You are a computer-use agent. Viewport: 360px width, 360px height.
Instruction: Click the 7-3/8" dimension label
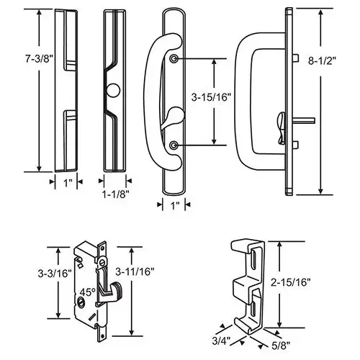(39, 59)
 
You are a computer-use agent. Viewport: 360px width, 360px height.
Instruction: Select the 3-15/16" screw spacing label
(211, 97)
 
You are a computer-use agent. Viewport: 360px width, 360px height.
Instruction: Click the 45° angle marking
(87, 292)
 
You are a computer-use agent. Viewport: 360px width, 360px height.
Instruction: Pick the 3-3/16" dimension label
(55, 274)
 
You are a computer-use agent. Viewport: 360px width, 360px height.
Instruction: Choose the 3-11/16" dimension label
(135, 271)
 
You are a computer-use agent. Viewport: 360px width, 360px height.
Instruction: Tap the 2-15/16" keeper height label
(291, 282)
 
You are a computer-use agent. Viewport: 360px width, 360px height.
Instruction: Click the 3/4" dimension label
(221, 341)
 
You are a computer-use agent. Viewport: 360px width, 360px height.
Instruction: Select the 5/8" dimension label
(281, 346)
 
